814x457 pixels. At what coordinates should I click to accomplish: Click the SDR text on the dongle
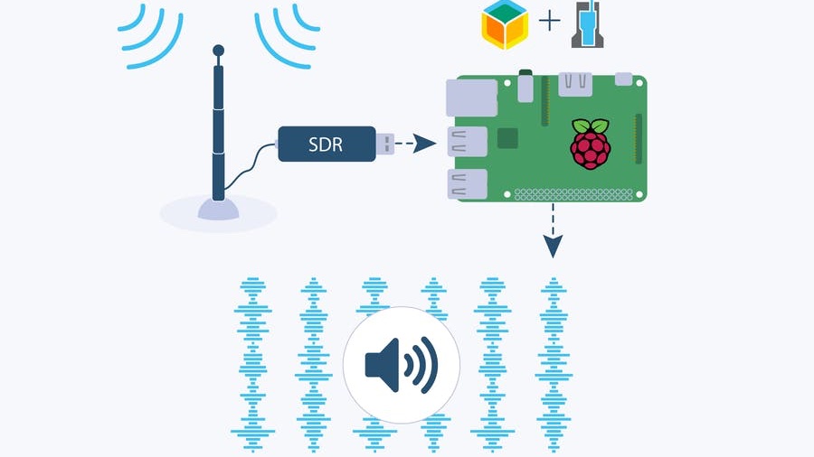326,144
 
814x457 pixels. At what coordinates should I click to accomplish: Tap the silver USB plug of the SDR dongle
385,143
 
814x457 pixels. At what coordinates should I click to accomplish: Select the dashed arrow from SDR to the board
413,143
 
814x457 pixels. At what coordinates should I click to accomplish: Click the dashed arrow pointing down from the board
553,231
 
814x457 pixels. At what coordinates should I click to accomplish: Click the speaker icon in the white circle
402,365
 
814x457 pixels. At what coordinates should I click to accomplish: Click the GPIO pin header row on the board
580,192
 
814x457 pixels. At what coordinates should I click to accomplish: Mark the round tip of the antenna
218,50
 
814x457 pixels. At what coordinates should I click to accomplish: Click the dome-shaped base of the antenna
219,209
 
